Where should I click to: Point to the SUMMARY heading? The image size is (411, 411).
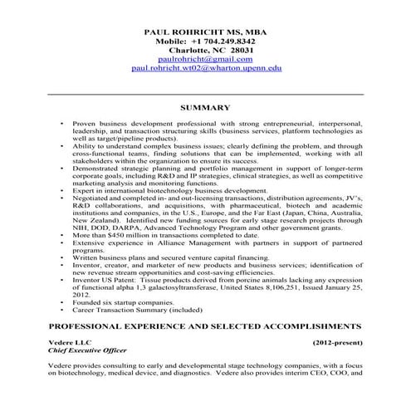tap(204, 107)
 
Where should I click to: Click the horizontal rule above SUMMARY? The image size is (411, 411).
tap(205, 93)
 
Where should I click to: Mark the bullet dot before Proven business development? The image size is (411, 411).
tap(61, 122)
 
